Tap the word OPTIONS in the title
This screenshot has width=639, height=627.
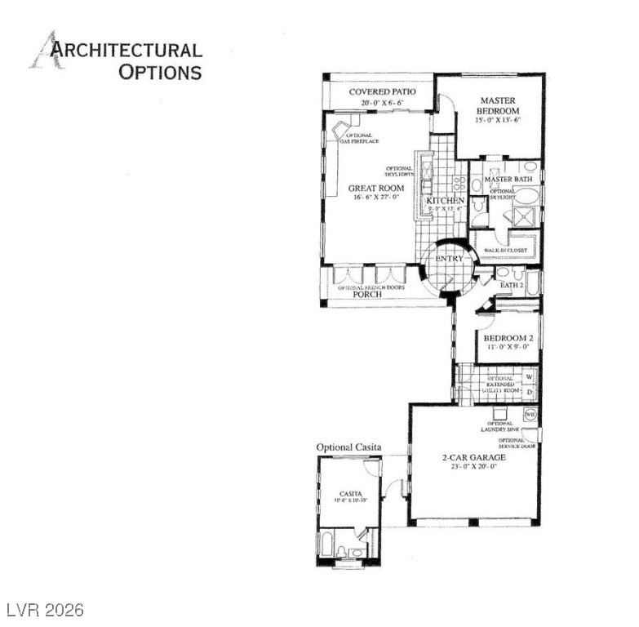click(x=160, y=72)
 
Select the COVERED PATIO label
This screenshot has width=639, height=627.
click(x=382, y=91)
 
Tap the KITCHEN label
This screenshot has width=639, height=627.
click(x=446, y=200)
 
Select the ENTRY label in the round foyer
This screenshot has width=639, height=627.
click(x=449, y=259)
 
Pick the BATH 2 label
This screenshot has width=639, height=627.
click(x=512, y=285)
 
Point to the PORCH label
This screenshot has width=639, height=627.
click(x=367, y=295)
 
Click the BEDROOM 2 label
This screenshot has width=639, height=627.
click(x=508, y=338)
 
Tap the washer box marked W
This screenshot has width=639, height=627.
click(x=530, y=377)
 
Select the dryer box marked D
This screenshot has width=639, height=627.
click(x=530, y=393)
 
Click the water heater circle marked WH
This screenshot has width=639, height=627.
click(x=530, y=415)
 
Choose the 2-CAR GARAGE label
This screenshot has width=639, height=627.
click(x=474, y=458)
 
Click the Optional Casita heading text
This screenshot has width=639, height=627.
click(x=348, y=447)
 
